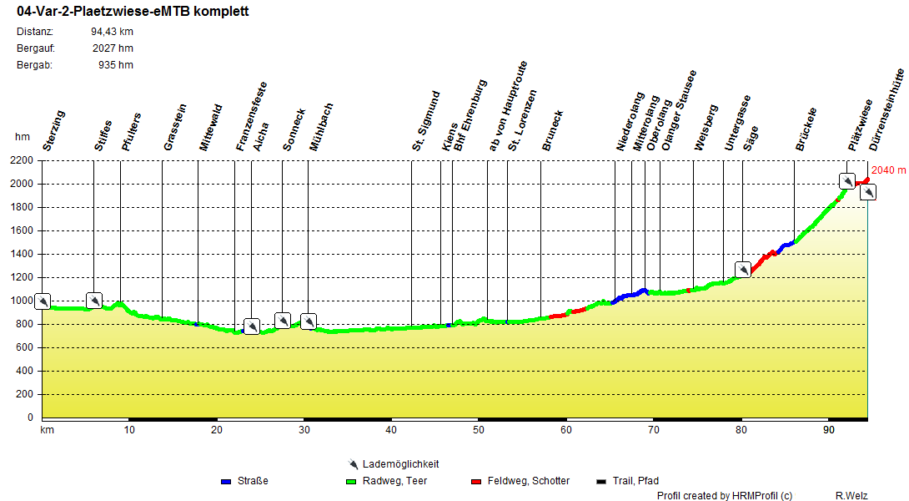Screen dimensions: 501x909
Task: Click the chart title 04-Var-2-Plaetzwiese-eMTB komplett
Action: click(133, 13)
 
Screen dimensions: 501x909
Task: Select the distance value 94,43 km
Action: click(112, 32)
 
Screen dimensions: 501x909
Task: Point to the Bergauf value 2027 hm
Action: click(112, 48)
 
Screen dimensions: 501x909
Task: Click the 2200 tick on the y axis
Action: click(23, 160)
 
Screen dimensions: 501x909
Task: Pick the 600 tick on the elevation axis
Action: click(26, 347)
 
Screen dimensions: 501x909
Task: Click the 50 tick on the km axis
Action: click(479, 430)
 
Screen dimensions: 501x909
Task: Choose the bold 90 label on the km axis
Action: click(828, 430)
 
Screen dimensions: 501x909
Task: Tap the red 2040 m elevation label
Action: click(888, 170)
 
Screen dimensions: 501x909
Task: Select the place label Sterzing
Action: click(54, 130)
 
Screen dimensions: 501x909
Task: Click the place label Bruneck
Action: click(553, 130)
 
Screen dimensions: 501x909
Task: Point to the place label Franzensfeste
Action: click(252, 116)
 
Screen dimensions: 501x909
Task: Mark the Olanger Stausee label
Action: click(678, 110)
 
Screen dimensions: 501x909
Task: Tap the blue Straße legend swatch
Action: click(226, 481)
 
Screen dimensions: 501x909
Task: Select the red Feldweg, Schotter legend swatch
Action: click(476, 481)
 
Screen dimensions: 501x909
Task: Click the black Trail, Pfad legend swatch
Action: click(601, 481)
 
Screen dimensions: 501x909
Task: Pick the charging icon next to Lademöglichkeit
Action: click(354, 464)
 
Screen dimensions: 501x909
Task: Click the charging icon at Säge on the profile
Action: click(742, 270)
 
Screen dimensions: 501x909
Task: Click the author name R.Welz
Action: click(851, 496)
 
